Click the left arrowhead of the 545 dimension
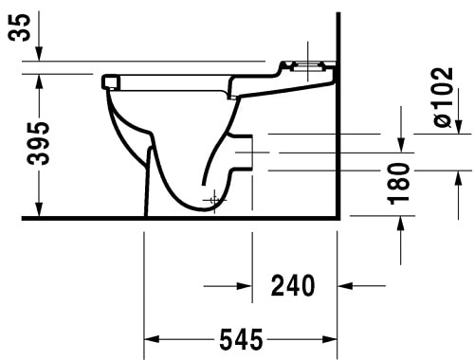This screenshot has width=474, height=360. point(150,338)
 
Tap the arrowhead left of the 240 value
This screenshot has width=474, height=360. point(245,284)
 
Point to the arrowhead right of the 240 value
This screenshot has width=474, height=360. point(346,284)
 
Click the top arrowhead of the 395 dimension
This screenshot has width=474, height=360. point(38,81)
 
